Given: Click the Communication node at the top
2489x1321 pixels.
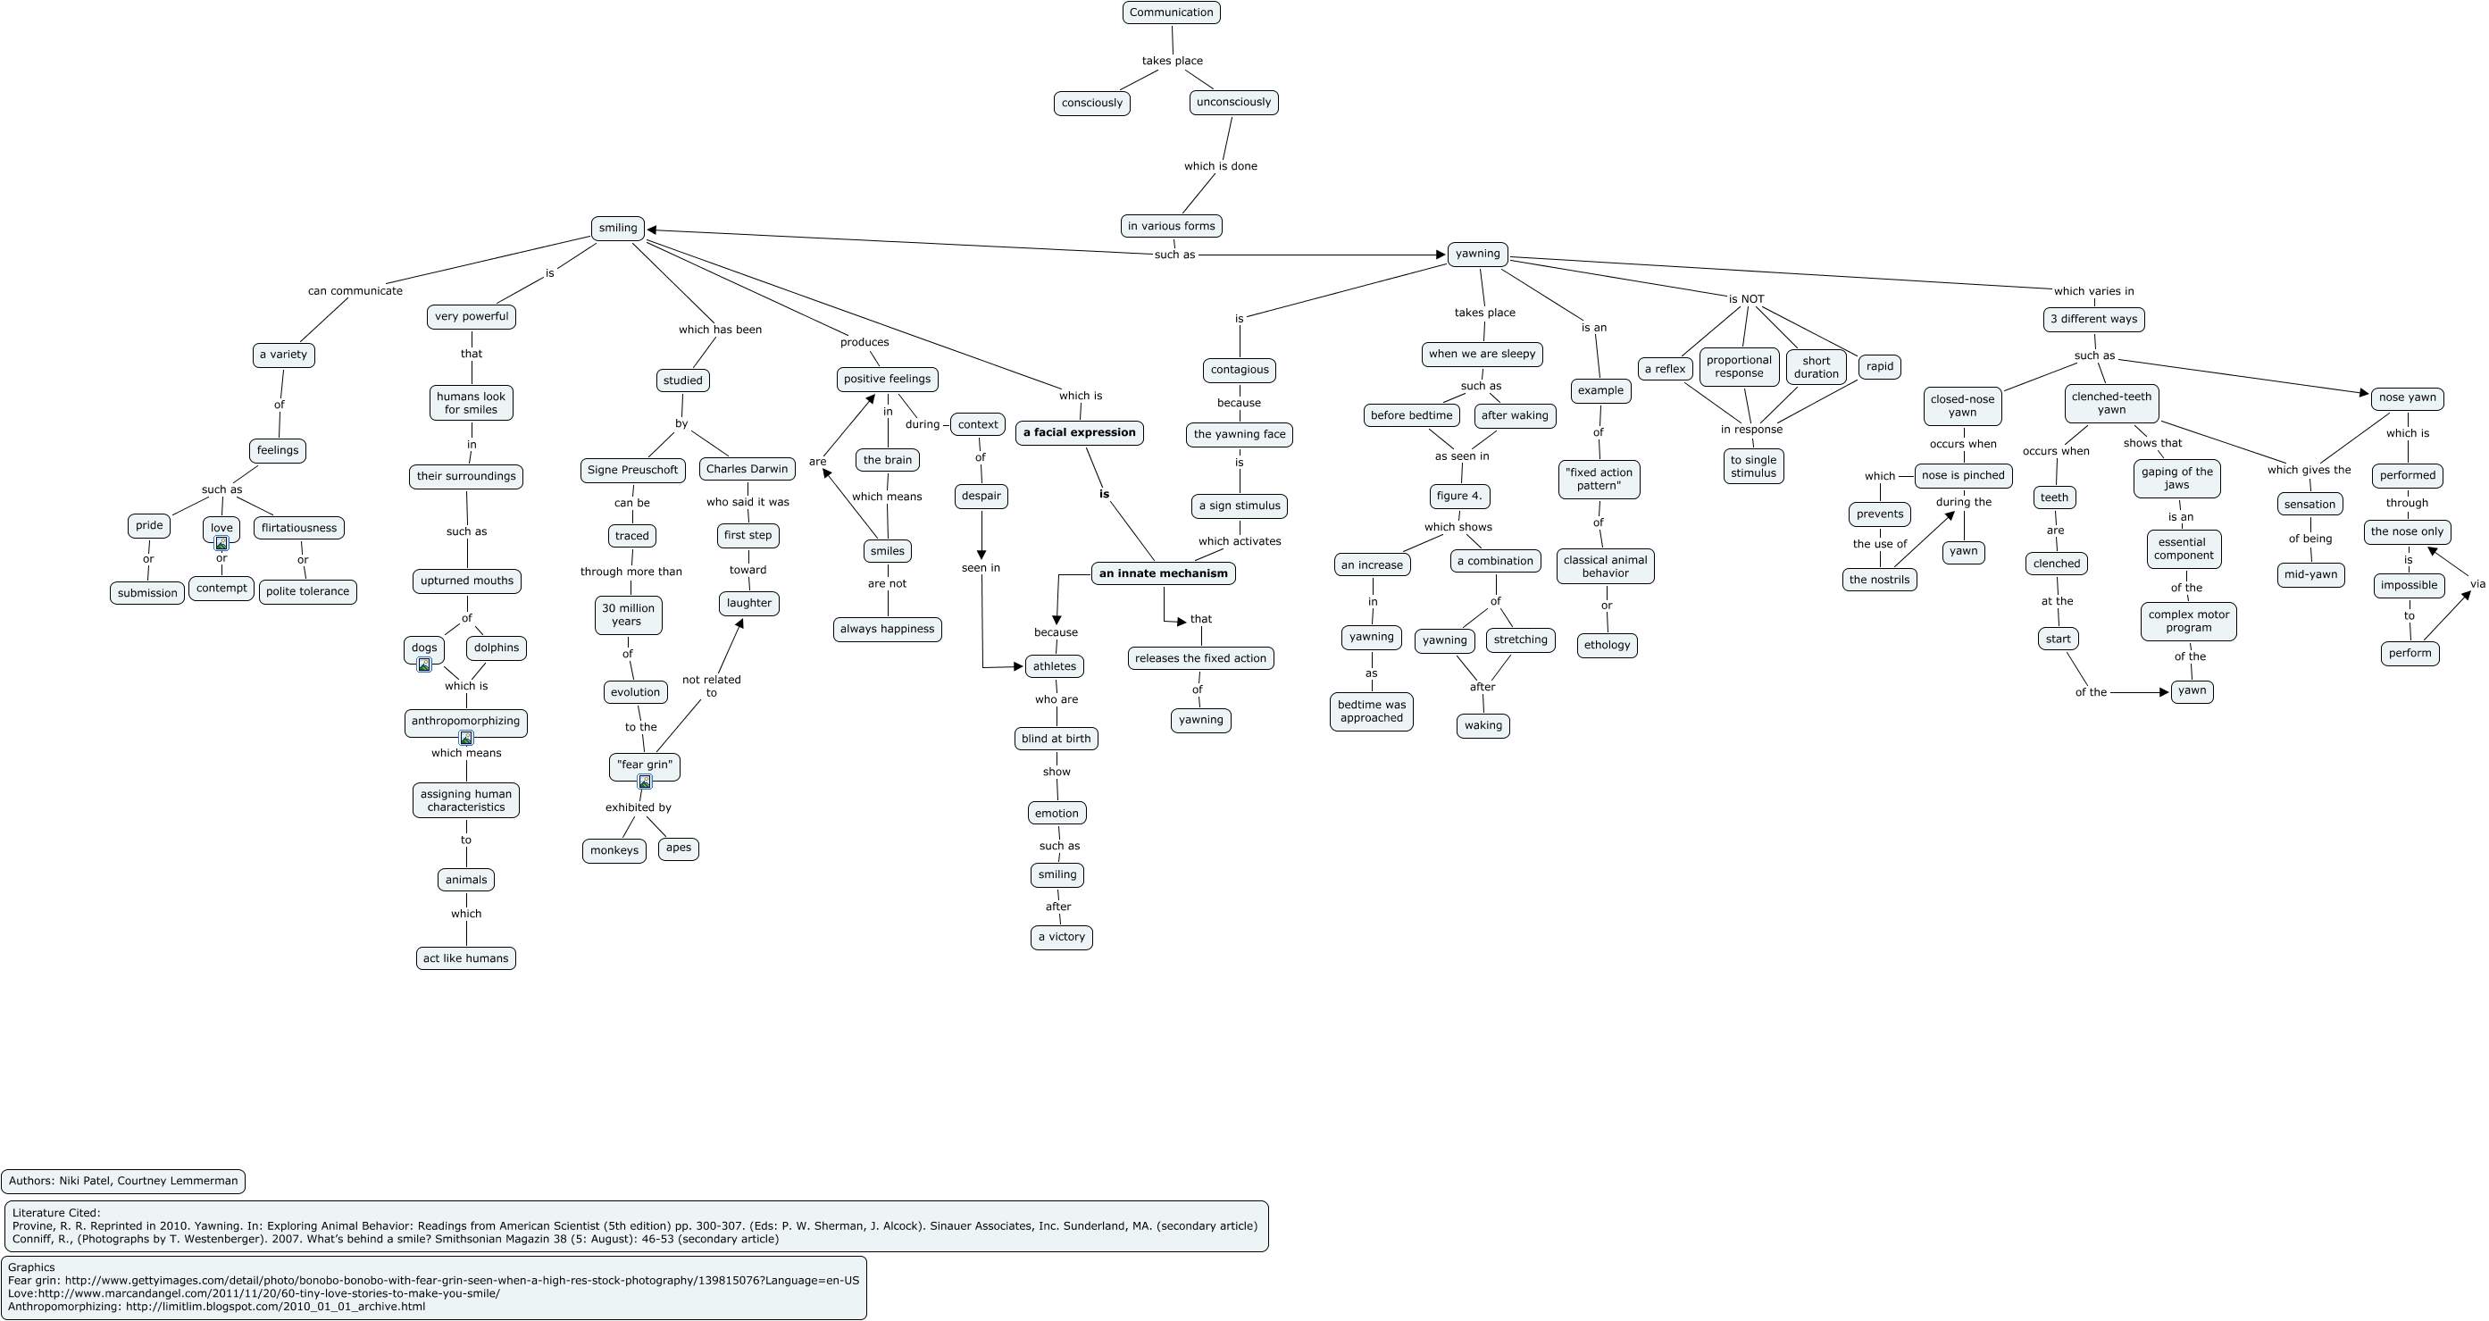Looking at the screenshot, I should (x=1171, y=13).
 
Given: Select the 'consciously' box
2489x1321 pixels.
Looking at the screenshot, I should (x=1092, y=104).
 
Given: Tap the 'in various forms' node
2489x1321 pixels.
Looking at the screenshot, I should (x=1171, y=226).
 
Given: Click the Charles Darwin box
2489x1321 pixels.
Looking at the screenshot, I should (x=747, y=469).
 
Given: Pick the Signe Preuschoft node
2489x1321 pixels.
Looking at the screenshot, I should (x=633, y=470).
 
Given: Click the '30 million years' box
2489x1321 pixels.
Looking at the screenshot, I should (x=628, y=615).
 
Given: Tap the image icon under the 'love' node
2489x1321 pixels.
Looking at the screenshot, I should (x=221, y=543).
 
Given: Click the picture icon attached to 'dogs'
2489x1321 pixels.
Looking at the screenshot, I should (x=424, y=665).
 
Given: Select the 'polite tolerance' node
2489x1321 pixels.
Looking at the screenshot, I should (x=307, y=591).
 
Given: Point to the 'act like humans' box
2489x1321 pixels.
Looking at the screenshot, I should (x=465, y=958).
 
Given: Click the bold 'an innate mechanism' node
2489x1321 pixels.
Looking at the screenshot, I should (x=1164, y=573).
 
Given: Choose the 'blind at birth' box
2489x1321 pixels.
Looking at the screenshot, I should (x=1057, y=739).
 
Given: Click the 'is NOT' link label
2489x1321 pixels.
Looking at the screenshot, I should (x=1746, y=299).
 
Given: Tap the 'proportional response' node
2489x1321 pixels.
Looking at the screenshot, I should (x=1739, y=367).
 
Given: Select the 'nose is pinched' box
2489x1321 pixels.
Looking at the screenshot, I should (x=1963, y=475).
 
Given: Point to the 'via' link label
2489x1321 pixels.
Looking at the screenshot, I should (x=2477, y=583).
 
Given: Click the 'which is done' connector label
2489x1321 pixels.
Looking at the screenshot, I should (x=1220, y=166).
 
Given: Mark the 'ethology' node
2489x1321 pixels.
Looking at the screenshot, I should (x=1607, y=646).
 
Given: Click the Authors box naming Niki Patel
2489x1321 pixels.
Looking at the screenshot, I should (x=123, y=1181).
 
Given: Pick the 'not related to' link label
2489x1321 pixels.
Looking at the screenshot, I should (x=711, y=686).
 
